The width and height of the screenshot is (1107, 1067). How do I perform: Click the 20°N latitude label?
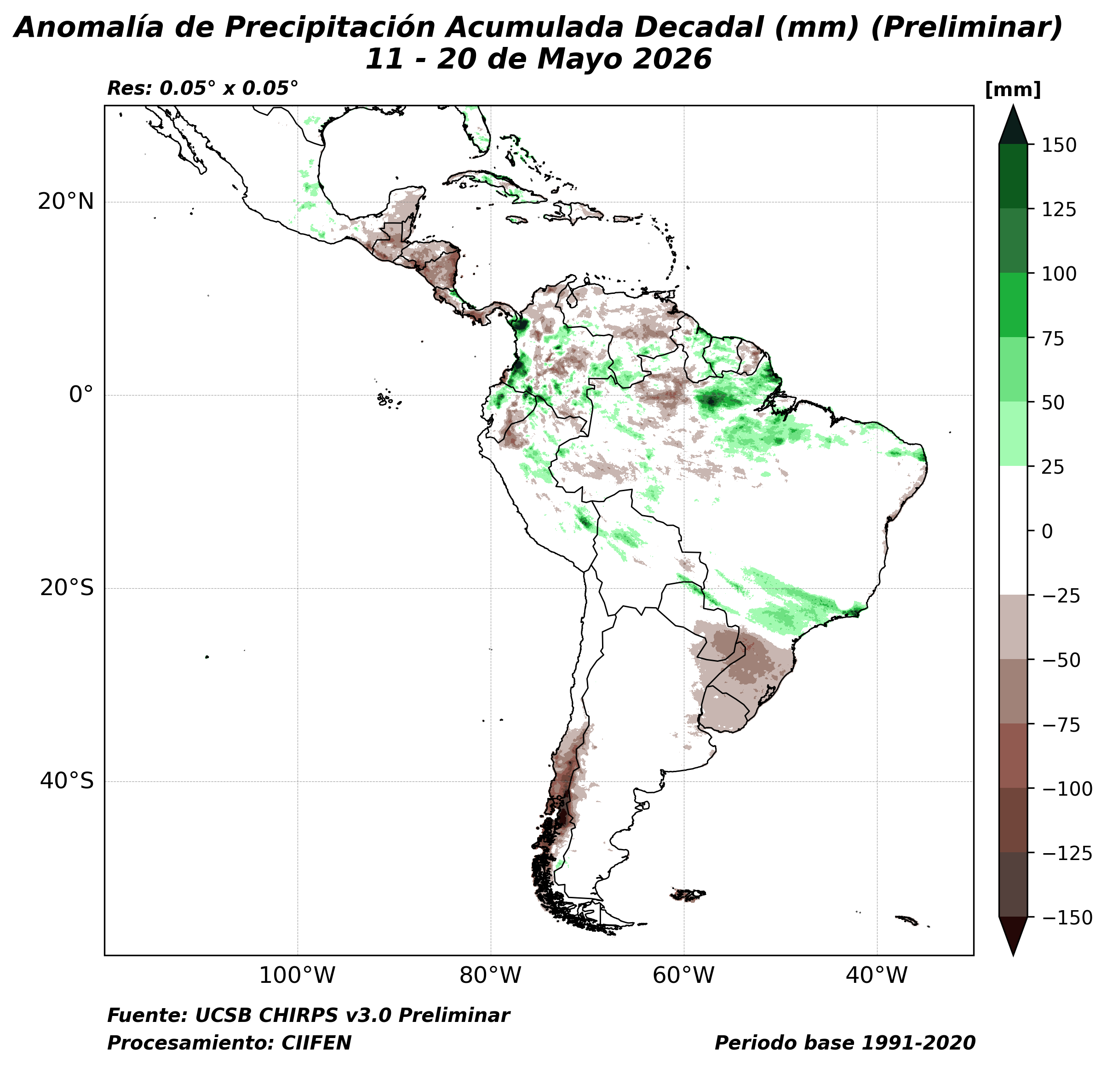(x=65, y=201)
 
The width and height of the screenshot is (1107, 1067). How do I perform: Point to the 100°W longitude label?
(x=297, y=975)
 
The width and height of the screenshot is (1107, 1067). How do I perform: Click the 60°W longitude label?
(x=683, y=975)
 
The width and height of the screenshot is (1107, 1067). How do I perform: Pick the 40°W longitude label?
(x=877, y=975)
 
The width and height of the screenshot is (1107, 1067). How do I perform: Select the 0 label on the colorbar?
(x=1047, y=532)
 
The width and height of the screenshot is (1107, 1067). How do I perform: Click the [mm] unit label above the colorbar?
(x=1013, y=90)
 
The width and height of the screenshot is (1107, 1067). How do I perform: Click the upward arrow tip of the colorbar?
(x=1013, y=105)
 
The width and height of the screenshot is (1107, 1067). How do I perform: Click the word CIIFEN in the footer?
(x=316, y=1043)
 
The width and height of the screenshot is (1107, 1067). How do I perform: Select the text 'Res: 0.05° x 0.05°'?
(x=202, y=88)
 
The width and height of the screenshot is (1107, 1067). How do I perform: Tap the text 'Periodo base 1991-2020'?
(x=845, y=1043)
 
